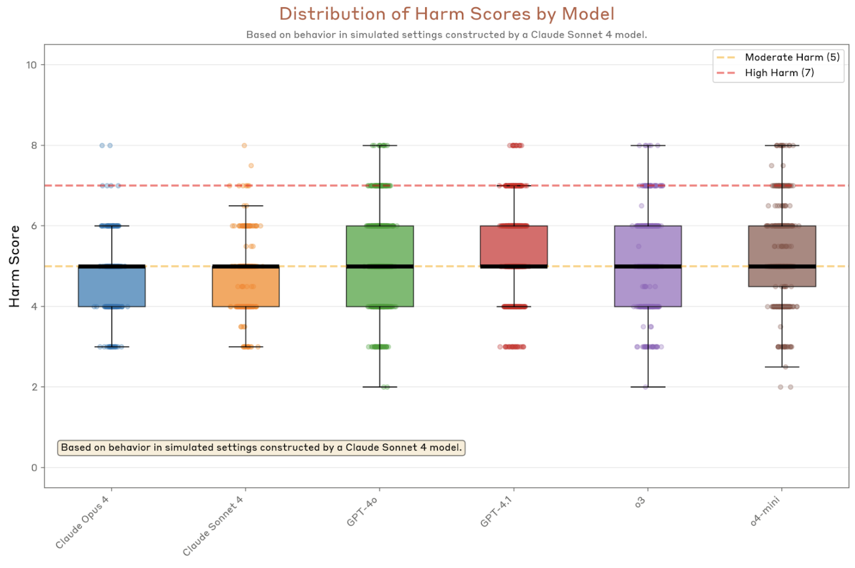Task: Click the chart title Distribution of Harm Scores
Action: click(x=446, y=14)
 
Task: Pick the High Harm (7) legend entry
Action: click(x=778, y=73)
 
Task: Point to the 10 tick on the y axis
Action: click(x=32, y=65)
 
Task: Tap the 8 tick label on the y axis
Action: click(x=34, y=146)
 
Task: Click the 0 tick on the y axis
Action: click(x=34, y=467)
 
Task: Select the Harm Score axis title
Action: click(x=14, y=266)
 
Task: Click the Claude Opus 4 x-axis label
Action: click(x=82, y=522)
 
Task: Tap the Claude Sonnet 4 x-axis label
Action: click(x=213, y=526)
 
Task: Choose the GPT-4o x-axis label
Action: click(x=362, y=512)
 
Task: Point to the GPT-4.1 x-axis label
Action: click(x=496, y=512)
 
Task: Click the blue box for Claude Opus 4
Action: click(x=112, y=287)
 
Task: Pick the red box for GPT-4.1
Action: click(x=513, y=245)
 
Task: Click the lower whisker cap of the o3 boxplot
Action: click(x=647, y=387)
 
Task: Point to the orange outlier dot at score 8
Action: click(x=244, y=146)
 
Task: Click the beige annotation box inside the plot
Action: click(x=261, y=448)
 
